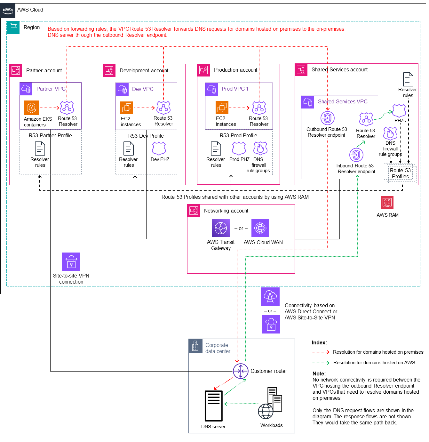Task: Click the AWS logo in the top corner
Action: click(x=8, y=10)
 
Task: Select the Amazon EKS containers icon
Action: click(x=31, y=108)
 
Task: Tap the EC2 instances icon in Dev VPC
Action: click(x=127, y=108)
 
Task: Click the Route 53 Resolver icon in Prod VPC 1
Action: click(x=259, y=108)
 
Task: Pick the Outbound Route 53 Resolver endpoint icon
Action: click(x=328, y=118)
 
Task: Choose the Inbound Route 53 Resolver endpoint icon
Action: click(x=356, y=155)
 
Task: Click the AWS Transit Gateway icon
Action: click(x=221, y=228)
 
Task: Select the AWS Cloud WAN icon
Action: click(x=260, y=228)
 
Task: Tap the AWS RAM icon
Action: click(x=387, y=203)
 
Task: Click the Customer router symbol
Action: click(x=241, y=371)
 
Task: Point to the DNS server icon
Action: click(x=213, y=406)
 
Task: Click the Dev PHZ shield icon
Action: click(x=159, y=149)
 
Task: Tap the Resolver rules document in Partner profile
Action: click(x=40, y=149)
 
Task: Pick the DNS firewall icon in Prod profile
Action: click(x=260, y=149)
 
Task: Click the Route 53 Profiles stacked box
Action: click(x=401, y=173)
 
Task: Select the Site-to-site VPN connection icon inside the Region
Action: click(x=71, y=261)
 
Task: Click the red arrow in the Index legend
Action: click(x=321, y=352)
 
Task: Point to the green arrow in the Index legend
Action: click(x=321, y=363)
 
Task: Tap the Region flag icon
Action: click(x=13, y=28)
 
